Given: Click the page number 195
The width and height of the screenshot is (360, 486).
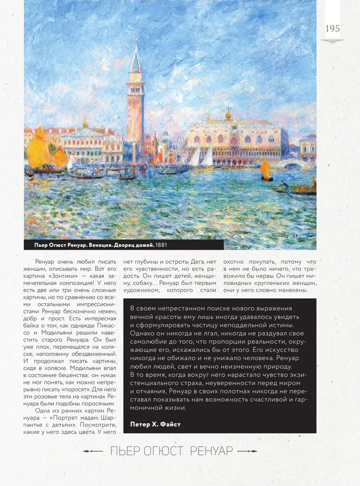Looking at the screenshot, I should pos(333,29).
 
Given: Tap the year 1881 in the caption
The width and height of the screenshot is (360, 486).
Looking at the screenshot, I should pos(167,244).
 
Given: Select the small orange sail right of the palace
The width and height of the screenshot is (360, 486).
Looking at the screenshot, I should pos(266,168).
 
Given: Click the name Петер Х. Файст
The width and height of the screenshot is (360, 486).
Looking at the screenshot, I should pos(155,424).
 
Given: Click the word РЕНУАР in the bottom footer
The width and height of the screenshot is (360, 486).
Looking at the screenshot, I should pos(212,451).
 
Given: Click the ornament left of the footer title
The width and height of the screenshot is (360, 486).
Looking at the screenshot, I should pos(92,451).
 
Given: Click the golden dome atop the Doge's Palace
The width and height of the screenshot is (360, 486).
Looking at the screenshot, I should pos(228,115).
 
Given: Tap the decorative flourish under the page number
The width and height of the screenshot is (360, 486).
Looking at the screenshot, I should pos(333,41).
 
